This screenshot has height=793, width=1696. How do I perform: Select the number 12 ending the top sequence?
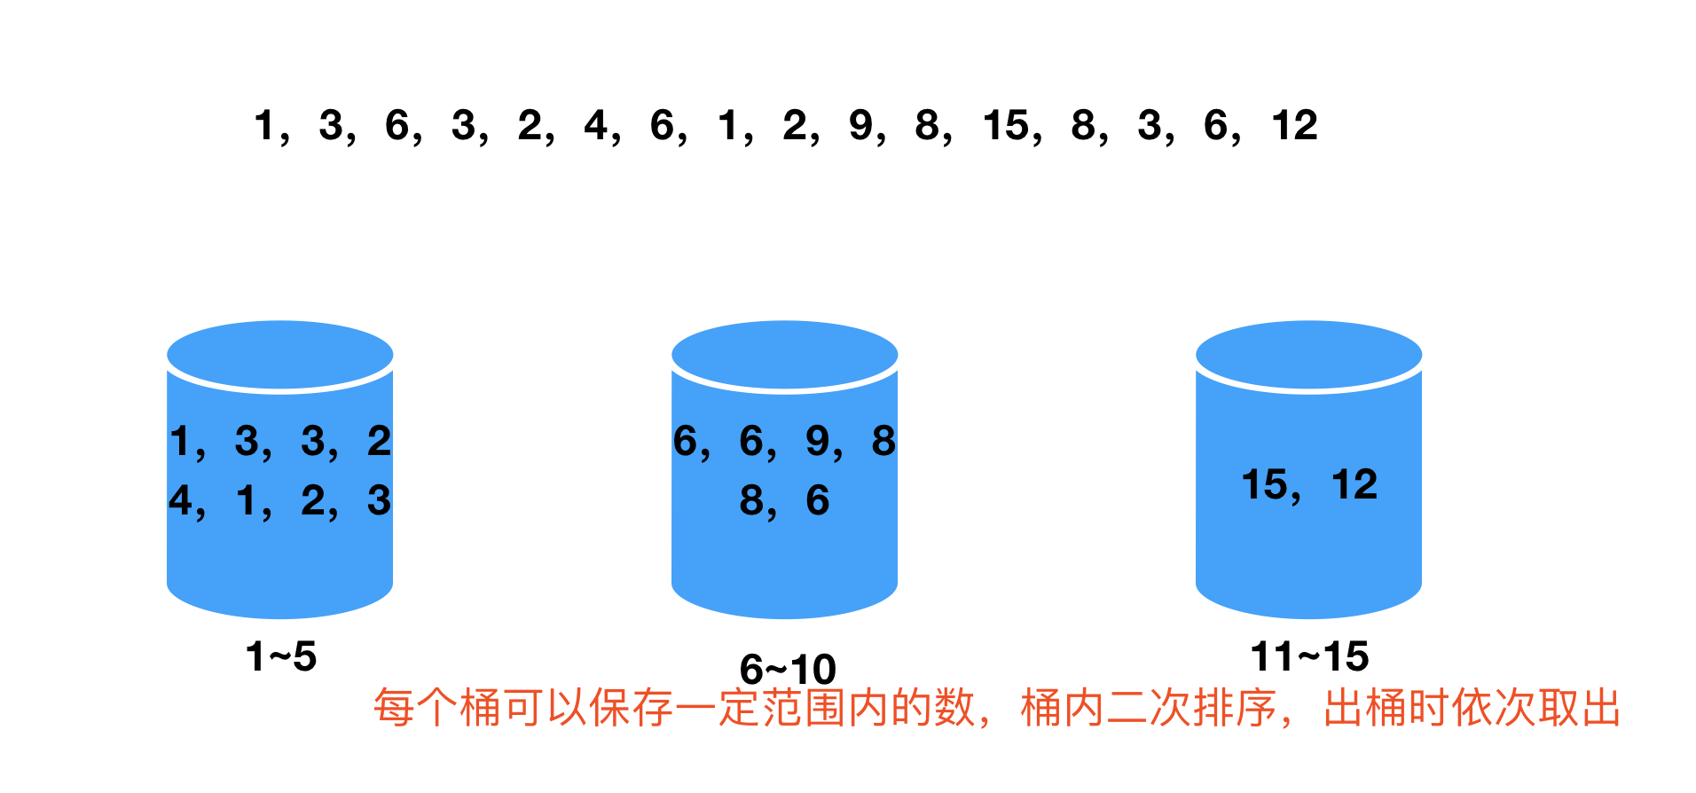coord(1294,125)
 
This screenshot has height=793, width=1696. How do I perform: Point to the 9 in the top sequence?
coord(860,125)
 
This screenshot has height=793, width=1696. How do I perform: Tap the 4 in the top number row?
coord(595,125)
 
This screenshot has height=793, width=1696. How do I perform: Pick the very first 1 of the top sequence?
coord(264,125)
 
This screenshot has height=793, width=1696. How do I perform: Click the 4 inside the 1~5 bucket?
coord(180,500)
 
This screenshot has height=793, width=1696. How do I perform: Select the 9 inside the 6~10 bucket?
coord(817,441)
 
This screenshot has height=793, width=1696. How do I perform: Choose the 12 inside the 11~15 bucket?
coord(1354,484)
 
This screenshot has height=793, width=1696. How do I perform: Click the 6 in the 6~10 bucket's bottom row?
coord(817,500)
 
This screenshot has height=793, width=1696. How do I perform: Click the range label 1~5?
coord(280,657)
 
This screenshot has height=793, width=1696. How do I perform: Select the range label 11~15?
coord(1308,657)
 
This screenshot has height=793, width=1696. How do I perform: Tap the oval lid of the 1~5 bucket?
coord(280,354)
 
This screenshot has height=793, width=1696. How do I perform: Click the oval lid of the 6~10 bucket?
coord(785,354)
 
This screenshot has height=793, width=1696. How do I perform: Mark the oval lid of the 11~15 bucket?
coord(1308,354)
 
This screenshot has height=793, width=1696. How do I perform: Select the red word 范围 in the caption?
coord(805,708)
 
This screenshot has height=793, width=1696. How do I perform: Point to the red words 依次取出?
coord(1537,708)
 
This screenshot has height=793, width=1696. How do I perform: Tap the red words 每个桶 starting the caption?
coord(437,708)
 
